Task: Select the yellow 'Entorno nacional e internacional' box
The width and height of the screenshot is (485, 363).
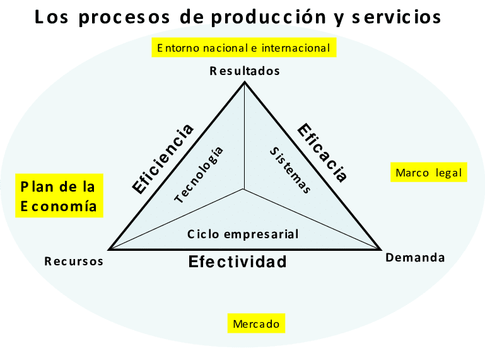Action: [x=243, y=48]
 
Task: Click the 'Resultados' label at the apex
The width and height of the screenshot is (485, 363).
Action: [x=245, y=71]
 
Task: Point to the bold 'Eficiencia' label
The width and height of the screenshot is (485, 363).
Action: [x=163, y=158]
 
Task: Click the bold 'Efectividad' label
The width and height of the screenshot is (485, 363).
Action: [x=238, y=261]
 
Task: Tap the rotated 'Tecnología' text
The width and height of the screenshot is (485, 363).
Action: [x=199, y=175]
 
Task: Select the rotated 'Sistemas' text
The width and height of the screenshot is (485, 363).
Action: [x=290, y=170]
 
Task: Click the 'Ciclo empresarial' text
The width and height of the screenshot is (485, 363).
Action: [x=243, y=234]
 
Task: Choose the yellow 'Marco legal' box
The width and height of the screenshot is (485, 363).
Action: [x=429, y=172]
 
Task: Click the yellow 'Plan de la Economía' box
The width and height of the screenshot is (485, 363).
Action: [x=59, y=196]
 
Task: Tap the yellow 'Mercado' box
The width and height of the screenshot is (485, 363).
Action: [x=256, y=324]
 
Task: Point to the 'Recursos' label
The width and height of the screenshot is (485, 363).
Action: [x=74, y=262]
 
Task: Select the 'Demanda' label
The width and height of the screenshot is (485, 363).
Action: [x=415, y=257]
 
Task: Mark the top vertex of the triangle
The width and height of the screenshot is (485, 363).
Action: [x=245, y=83]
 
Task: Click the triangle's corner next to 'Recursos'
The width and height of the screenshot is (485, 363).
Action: [x=109, y=249]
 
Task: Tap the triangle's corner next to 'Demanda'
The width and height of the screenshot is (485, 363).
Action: [x=380, y=249]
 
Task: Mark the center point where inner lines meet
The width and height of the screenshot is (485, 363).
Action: [x=245, y=189]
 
